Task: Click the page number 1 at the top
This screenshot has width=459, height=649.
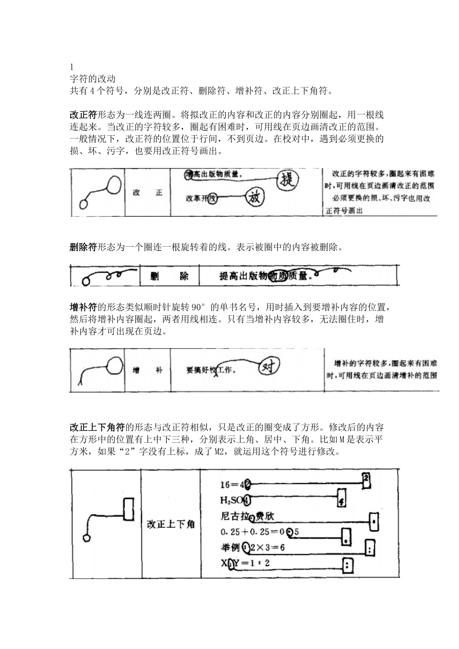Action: pos(72,67)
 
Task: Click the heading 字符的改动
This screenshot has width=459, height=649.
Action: pos(92,78)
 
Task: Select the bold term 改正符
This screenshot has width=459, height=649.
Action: pos(84,115)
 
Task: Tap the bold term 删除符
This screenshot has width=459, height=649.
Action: pos(84,248)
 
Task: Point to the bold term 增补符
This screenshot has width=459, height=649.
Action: pos(84,307)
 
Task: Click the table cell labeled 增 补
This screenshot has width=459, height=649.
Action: pos(147,370)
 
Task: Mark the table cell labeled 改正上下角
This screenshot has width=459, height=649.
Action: pos(171,524)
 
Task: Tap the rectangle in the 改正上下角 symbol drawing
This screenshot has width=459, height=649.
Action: pos(129,509)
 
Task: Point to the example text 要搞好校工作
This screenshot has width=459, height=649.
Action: pos(211,370)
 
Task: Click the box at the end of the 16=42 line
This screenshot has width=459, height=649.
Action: pos(366,479)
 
